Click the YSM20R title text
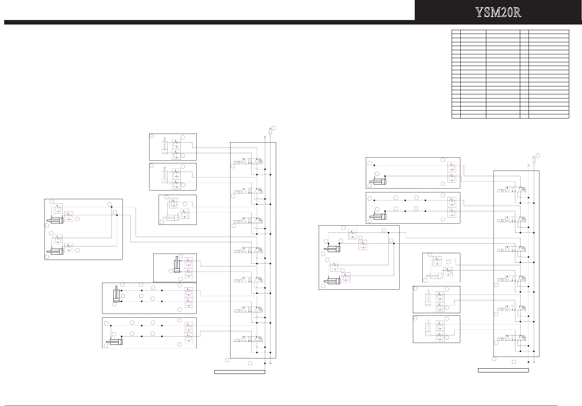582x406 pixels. [x=498, y=12]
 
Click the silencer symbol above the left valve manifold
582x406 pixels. [x=270, y=131]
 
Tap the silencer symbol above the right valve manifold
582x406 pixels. [x=534, y=159]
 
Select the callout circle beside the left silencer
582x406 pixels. [x=273, y=128]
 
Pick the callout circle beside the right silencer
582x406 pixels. [x=538, y=155]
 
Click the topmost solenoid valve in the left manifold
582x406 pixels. [x=248, y=161]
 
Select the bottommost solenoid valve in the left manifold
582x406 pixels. [x=248, y=339]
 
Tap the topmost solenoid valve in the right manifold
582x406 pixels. [x=512, y=190]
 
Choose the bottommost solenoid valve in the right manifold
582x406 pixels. [x=512, y=338]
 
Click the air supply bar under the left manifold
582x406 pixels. [x=240, y=372]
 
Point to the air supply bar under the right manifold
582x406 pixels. [x=503, y=371]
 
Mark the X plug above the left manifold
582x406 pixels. [x=265, y=137]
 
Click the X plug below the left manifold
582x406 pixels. [x=270, y=363]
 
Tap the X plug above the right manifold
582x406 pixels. [x=528, y=165]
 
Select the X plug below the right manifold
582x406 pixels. [x=534, y=362]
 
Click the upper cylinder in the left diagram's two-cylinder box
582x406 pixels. [x=55, y=221]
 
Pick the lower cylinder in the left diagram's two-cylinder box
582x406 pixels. [x=55, y=251]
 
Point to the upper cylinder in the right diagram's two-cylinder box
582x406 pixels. [x=332, y=249]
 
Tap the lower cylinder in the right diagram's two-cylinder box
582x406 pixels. [x=332, y=281]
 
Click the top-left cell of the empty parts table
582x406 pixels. [x=456, y=32]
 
